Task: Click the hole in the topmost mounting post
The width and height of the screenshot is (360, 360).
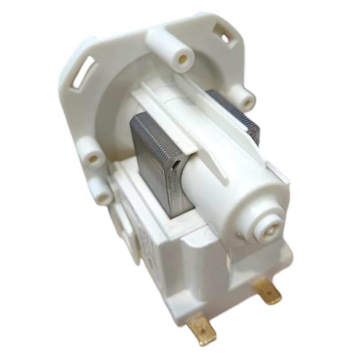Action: [x=183, y=59]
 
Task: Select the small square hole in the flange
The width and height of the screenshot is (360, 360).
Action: [x=221, y=33]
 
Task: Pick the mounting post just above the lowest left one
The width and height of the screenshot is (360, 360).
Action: [x=92, y=156]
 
